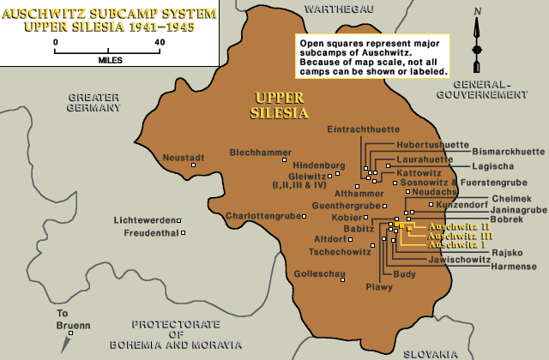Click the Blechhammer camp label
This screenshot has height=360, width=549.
(x=256, y=153)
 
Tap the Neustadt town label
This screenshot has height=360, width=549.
(x=184, y=158)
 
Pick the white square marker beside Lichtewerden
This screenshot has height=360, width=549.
(x=187, y=220)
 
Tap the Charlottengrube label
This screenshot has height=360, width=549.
(x=263, y=215)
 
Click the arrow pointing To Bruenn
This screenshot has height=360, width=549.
(x=65, y=343)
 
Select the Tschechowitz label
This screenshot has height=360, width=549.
(x=340, y=252)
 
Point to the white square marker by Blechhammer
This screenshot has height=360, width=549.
(x=286, y=159)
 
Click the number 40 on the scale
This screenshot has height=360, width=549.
(x=160, y=40)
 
